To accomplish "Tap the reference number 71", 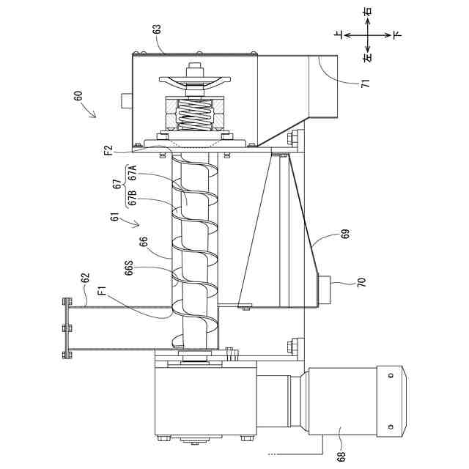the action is (x=366, y=83).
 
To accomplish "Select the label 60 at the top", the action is (x=78, y=97).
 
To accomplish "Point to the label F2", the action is (x=108, y=149).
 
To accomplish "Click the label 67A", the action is (x=132, y=173).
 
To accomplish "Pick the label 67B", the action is (x=132, y=198).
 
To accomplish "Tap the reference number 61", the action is (x=115, y=217).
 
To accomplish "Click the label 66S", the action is (x=129, y=268).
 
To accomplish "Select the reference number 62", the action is (x=85, y=278).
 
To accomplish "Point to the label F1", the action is (x=102, y=291).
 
